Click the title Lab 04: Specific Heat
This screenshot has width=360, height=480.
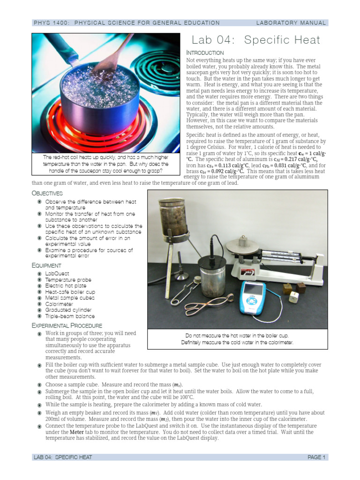[256, 40]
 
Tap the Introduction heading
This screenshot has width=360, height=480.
[205, 52]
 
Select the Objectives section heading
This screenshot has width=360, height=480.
[47, 193]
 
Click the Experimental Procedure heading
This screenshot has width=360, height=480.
[67, 325]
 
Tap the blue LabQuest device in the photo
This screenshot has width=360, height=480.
[252, 297]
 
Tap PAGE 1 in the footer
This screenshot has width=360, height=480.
[316, 457]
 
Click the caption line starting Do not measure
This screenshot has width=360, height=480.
[237, 336]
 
